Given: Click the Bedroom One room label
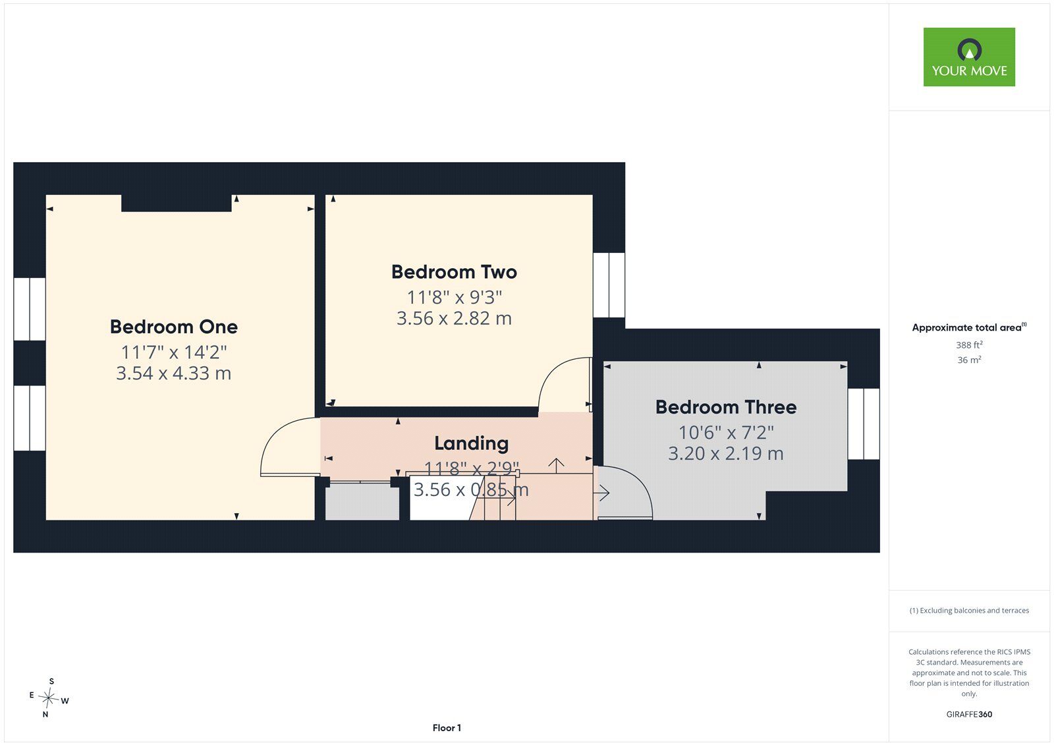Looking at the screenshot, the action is tap(174, 327).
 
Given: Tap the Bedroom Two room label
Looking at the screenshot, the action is tap(454, 272).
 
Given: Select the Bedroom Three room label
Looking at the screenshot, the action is tap(726, 407).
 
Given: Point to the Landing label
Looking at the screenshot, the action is tap(471, 443).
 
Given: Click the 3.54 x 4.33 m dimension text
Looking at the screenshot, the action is tap(174, 373).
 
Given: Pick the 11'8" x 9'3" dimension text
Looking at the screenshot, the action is tap(454, 298).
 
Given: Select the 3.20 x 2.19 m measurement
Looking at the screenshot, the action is tap(726, 454).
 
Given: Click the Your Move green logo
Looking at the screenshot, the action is tap(969, 57).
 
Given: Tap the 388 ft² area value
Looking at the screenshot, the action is tap(969, 345).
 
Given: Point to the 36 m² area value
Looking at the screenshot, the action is tap(969, 360).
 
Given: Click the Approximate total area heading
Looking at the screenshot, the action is tap(969, 327).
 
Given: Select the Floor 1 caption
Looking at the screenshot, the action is tap(447, 728).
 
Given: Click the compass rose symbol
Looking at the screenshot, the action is tap(49, 698).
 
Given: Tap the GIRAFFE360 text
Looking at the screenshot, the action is tap(969, 714).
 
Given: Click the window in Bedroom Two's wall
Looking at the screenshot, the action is tap(609, 285).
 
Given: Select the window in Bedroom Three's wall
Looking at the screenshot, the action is tap(864, 424).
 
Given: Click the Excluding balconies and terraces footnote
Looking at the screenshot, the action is tap(969, 611).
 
